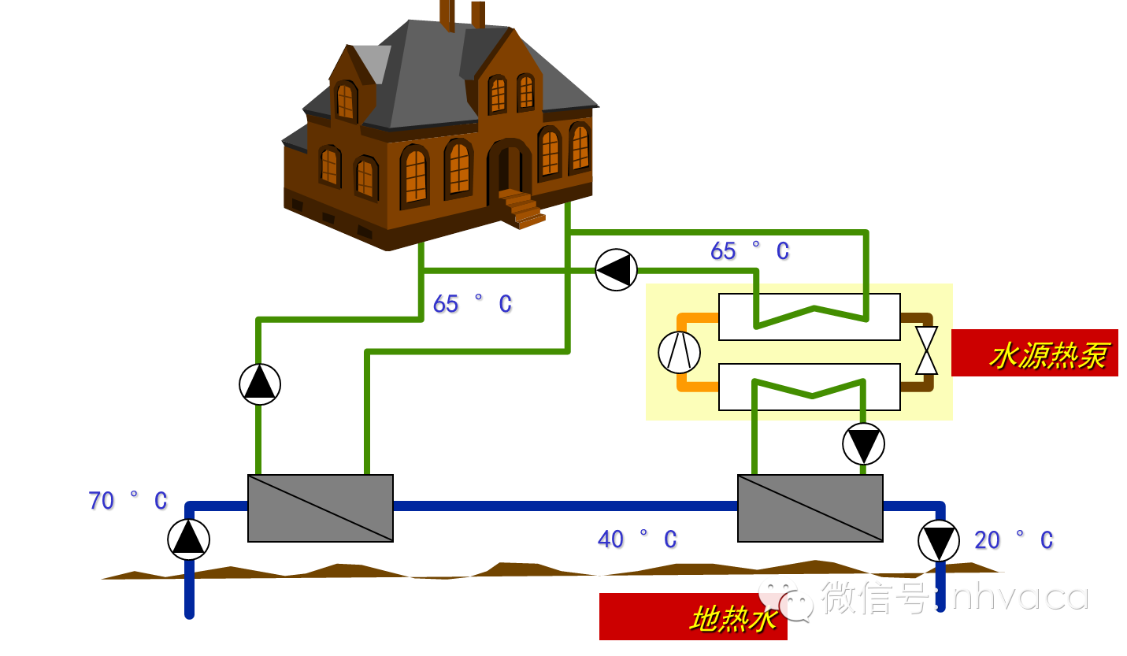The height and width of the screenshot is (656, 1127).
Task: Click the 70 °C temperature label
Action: pyautogui.click(x=128, y=502)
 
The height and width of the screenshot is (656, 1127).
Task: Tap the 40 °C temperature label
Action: pyautogui.click(x=637, y=540)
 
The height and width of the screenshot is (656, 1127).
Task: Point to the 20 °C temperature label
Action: pyautogui.click(x=1014, y=541)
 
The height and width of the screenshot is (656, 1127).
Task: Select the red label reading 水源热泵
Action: pyautogui.click(x=1035, y=353)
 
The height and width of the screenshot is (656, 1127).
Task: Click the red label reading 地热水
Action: pyautogui.click(x=693, y=617)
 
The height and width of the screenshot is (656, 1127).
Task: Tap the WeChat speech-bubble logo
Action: pyautogui.click(x=785, y=599)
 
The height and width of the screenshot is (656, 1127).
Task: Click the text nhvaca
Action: pyautogui.click(x=1019, y=596)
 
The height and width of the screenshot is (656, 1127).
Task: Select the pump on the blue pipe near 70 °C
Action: pyautogui.click(x=189, y=539)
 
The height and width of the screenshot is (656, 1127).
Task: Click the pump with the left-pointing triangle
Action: pyautogui.click(x=616, y=270)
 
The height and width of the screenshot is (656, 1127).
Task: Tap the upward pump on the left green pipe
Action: pyautogui.click(x=260, y=384)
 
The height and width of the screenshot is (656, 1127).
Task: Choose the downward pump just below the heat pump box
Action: pyautogui.click(x=863, y=444)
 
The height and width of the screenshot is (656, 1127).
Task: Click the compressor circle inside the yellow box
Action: pyautogui.click(x=679, y=352)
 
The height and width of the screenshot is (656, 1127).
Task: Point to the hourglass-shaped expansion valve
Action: pyautogui.click(x=927, y=350)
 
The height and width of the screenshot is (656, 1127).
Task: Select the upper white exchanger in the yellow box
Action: pyautogui.click(x=810, y=317)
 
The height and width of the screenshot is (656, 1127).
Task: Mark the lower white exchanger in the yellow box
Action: pyautogui.click(x=810, y=387)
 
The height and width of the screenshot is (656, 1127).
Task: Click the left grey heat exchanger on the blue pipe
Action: pyautogui.click(x=321, y=508)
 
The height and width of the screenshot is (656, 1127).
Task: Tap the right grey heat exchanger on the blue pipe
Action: pyautogui.click(x=810, y=508)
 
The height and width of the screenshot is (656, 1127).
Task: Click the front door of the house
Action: pyautogui.click(x=510, y=167)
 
